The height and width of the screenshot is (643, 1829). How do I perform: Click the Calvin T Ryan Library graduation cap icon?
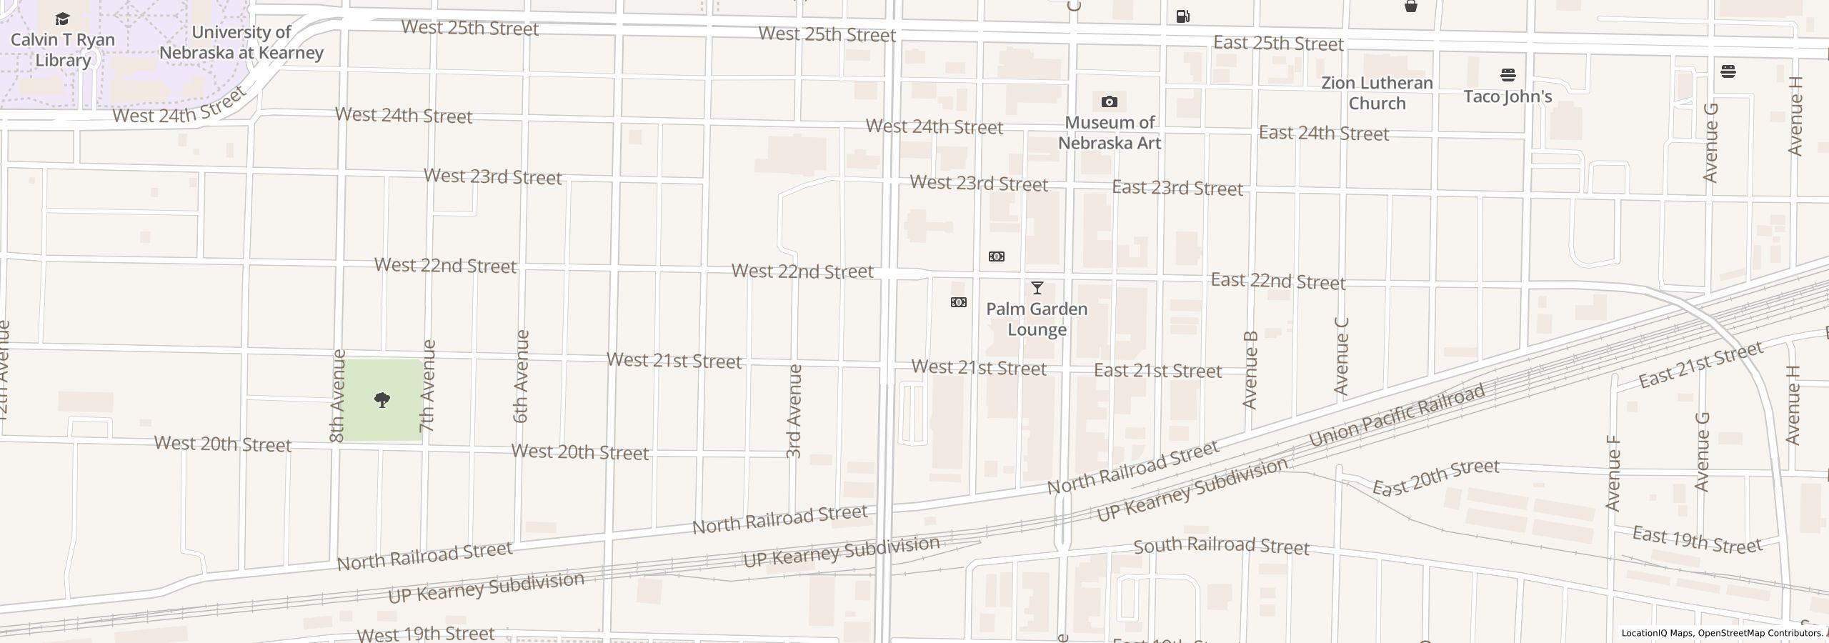pyautogui.click(x=62, y=19)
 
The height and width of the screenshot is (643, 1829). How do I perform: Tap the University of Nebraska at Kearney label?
pyautogui.click(x=241, y=43)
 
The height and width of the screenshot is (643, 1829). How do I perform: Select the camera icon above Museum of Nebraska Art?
pyautogui.click(x=1109, y=102)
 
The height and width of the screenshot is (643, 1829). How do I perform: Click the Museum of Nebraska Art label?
pyautogui.click(x=1109, y=133)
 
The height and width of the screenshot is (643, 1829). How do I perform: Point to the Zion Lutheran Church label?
pyautogui.click(x=1376, y=93)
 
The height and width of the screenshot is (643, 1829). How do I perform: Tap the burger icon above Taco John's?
pyautogui.click(x=1507, y=75)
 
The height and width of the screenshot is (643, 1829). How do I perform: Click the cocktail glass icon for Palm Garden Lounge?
pyautogui.click(x=1037, y=288)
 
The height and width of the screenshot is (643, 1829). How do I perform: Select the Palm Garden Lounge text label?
pyautogui.click(x=1037, y=319)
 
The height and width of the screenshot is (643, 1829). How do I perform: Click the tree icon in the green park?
pyautogui.click(x=382, y=400)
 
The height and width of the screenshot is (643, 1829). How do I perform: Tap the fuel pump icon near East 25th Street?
pyautogui.click(x=1182, y=16)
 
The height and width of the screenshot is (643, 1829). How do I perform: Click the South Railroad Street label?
pyautogui.click(x=1221, y=547)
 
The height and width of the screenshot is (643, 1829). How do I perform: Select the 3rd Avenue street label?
pyautogui.click(x=794, y=411)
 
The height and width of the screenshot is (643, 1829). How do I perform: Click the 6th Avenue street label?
pyautogui.click(x=522, y=376)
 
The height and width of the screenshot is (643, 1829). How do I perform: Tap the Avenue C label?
pyautogui.click(x=1341, y=355)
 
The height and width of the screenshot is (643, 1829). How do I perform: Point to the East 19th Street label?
pyautogui.click(x=1697, y=541)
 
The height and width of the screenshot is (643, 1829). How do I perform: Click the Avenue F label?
pyautogui.click(x=1613, y=473)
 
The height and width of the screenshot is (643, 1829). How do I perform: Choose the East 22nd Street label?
pyautogui.click(x=1277, y=281)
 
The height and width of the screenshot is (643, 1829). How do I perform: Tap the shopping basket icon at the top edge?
pyautogui.click(x=1410, y=6)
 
